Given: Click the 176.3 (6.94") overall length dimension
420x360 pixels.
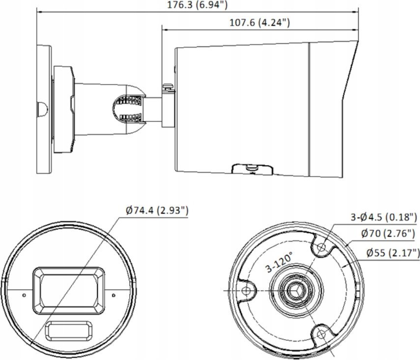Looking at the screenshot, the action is [197, 4].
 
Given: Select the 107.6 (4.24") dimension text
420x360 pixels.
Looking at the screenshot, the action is [259, 22].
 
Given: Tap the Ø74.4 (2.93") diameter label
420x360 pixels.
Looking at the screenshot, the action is [157, 210].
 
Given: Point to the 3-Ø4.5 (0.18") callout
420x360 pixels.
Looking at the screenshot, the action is [384, 217].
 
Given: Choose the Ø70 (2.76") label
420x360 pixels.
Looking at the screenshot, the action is [388, 234].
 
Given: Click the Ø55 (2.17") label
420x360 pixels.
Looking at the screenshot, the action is [392, 253].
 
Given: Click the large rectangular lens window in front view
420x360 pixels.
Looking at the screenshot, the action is [69, 290].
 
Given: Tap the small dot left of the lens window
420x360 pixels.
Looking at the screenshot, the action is [24, 295].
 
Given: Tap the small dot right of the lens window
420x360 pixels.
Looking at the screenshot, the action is [113, 295].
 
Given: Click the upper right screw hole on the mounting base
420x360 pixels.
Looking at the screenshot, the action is [321, 247].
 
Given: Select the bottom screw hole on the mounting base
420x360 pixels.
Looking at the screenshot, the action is [321, 334].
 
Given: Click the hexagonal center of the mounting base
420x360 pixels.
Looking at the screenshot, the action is [296, 290].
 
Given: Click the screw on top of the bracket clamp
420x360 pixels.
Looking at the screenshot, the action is [168, 86].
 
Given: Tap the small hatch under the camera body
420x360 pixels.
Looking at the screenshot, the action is [252, 169].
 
